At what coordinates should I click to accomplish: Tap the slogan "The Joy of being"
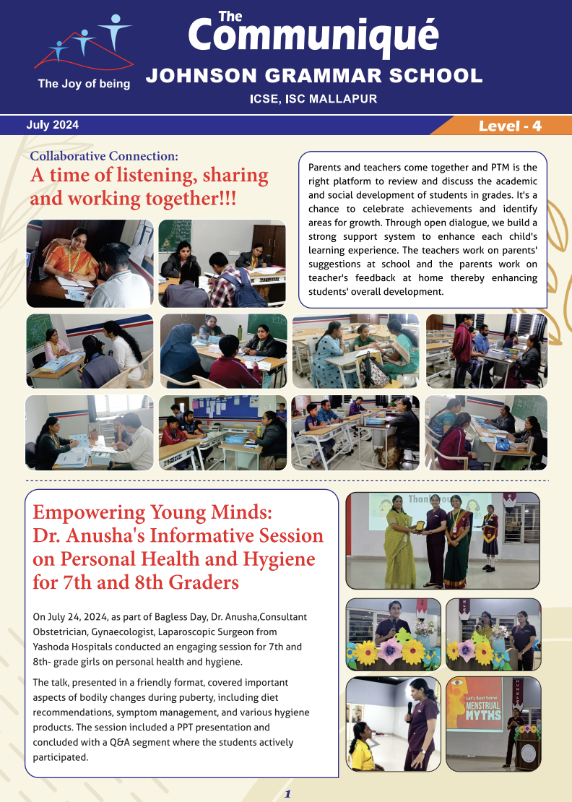(84, 84)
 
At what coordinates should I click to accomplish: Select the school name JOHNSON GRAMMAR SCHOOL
(314, 75)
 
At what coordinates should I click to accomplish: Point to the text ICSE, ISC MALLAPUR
(313, 99)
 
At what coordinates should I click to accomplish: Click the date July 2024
(52, 125)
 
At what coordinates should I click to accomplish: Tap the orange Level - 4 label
(509, 126)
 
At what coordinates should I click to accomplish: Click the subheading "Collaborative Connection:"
(104, 155)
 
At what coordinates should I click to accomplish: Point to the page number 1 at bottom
(287, 793)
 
